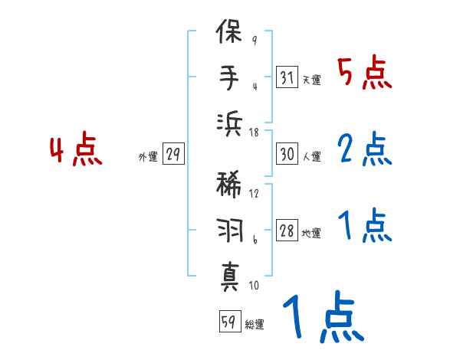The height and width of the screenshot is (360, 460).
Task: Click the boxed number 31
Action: point(287,77)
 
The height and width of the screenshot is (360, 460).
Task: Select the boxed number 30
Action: point(287,154)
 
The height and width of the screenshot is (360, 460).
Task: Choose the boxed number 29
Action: point(172,155)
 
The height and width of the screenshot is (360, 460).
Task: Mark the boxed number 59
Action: point(228,322)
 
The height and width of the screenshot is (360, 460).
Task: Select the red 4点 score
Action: point(76,151)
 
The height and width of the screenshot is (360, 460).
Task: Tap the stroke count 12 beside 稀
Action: point(254,193)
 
